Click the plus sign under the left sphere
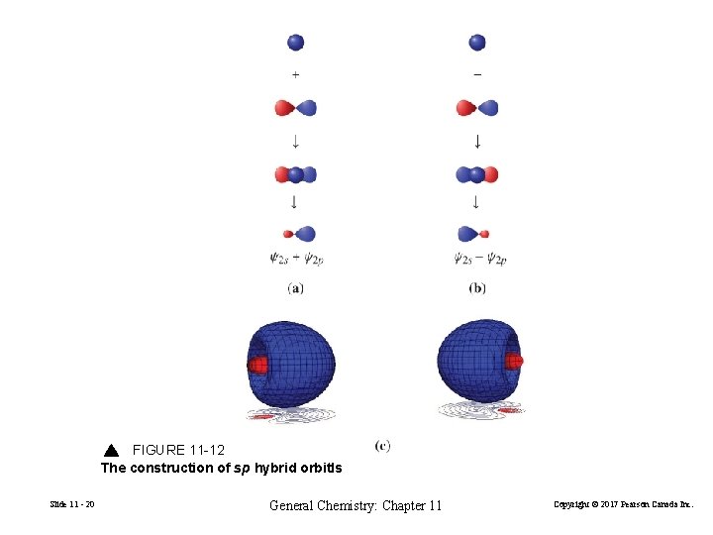click(x=295, y=74)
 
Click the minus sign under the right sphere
click(x=477, y=74)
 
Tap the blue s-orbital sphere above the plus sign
click(x=295, y=42)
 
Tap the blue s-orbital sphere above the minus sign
click(x=477, y=42)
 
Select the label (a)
click(x=295, y=288)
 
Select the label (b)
click(x=477, y=288)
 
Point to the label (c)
click(x=382, y=446)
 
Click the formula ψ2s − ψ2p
click(x=479, y=260)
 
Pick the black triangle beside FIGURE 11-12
click(x=111, y=451)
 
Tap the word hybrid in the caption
click(x=279, y=468)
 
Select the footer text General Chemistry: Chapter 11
click(x=356, y=506)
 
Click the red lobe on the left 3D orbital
click(x=258, y=365)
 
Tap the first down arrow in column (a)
click(x=295, y=141)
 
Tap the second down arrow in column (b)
click(x=476, y=203)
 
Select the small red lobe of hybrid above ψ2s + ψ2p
click(x=288, y=235)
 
